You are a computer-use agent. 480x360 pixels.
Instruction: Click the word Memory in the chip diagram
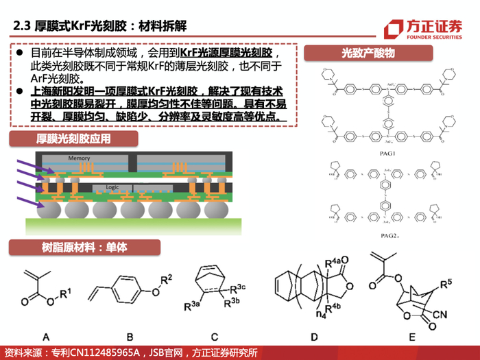79,158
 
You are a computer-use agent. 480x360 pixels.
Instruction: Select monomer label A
47,336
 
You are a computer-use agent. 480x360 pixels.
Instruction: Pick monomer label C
214,336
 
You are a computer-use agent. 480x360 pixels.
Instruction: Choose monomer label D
313,336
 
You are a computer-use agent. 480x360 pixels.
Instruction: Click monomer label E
411,336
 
